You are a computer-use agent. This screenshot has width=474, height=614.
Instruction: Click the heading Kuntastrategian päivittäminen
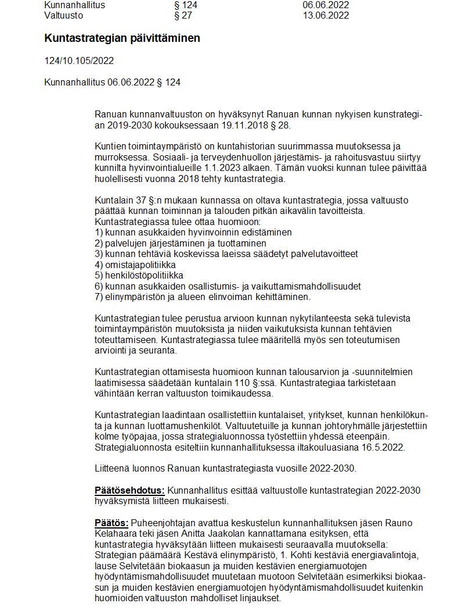tap(122, 38)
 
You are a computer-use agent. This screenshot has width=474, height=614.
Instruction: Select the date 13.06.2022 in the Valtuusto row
tap(325, 16)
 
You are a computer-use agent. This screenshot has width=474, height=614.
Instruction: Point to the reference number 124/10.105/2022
tap(79, 60)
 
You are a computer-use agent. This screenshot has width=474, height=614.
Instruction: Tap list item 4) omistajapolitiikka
tap(135, 265)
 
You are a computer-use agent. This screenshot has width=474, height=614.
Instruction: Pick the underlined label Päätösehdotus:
tap(130, 490)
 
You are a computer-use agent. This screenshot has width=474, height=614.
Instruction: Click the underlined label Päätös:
tap(111, 522)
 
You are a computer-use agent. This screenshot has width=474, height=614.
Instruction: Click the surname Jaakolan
tap(229, 533)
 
